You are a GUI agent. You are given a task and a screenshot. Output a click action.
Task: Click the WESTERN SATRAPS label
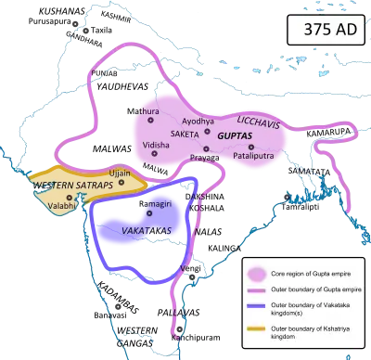[x=71, y=186]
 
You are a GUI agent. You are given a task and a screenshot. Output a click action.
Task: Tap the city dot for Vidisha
[x=155, y=154]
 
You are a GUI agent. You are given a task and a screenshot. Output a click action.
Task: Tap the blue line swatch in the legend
[x=260, y=311]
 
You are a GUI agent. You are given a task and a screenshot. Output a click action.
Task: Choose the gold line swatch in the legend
[x=260, y=332]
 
